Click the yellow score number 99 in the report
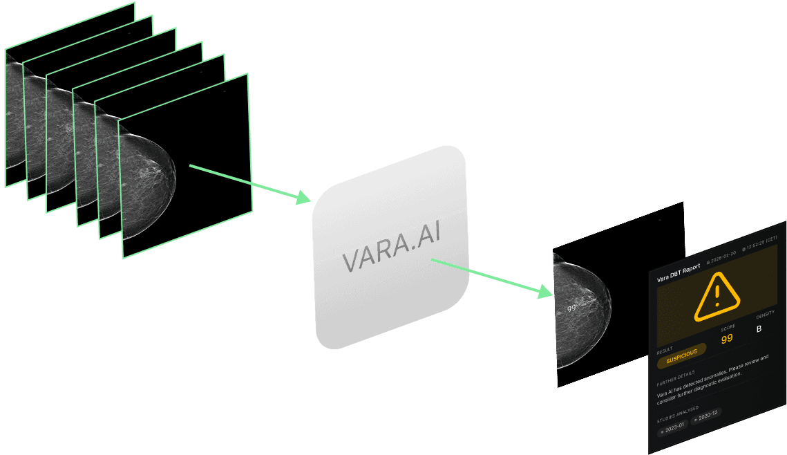pos(727,339)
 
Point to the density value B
pos(759,328)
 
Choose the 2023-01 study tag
pos(672,427)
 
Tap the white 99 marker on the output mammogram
pos(571,308)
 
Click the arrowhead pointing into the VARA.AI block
pos(303,199)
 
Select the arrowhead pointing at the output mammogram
pos(546,293)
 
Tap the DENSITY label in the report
pos(765,315)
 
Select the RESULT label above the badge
pos(665,349)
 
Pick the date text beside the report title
pos(722,254)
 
